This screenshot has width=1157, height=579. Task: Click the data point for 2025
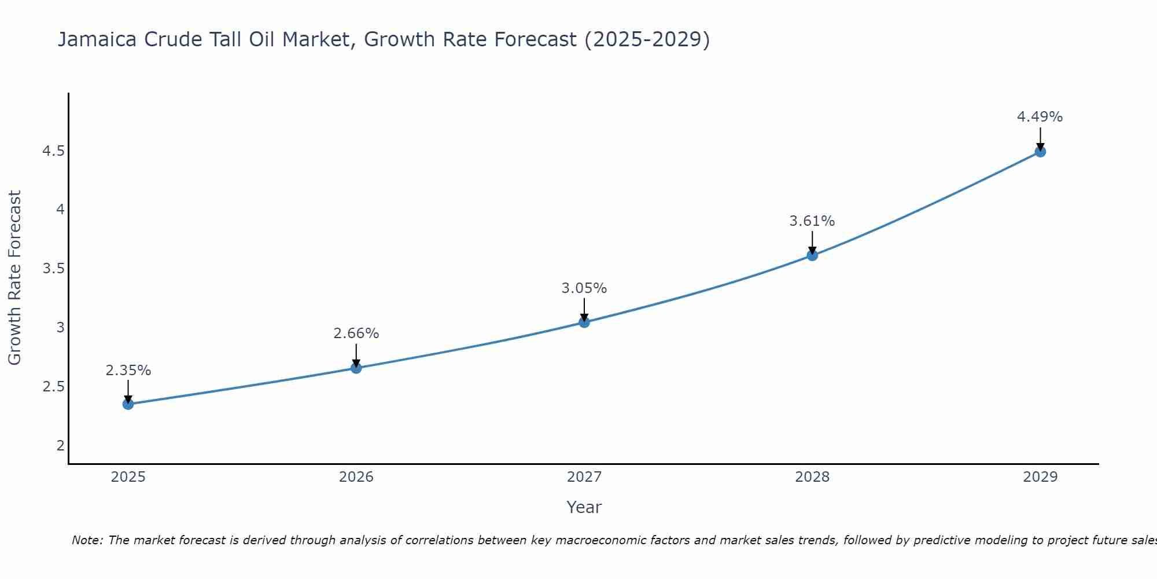[128, 404]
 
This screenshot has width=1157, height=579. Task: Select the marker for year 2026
[356, 368]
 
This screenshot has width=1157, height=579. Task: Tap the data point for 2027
[584, 322]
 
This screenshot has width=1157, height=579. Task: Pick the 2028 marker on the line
[812, 255]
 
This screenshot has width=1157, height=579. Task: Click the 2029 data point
[1040, 152]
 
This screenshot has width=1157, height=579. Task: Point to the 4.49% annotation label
[1040, 117]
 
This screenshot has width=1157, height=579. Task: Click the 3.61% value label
[812, 221]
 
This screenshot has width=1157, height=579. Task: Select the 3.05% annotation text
[584, 288]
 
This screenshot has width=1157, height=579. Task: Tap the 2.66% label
[356, 334]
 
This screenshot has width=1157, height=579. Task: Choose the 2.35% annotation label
[128, 371]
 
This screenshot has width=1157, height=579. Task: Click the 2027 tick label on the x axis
[584, 477]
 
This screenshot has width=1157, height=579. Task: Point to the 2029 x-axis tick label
[1040, 477]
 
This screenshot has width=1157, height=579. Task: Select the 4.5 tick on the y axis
[53, 151]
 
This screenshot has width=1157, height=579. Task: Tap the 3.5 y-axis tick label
[53, 269]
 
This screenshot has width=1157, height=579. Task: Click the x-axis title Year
[584, 507]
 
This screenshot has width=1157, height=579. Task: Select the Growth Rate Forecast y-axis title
[14, 278]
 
